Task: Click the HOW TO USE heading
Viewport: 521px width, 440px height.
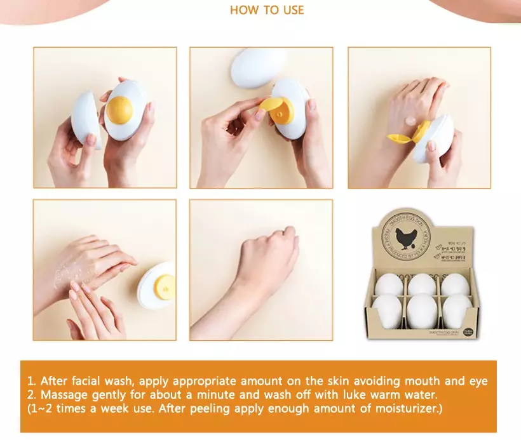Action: tap(267, 10)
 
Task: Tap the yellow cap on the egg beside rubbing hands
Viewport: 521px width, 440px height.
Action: tap(162, 286)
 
